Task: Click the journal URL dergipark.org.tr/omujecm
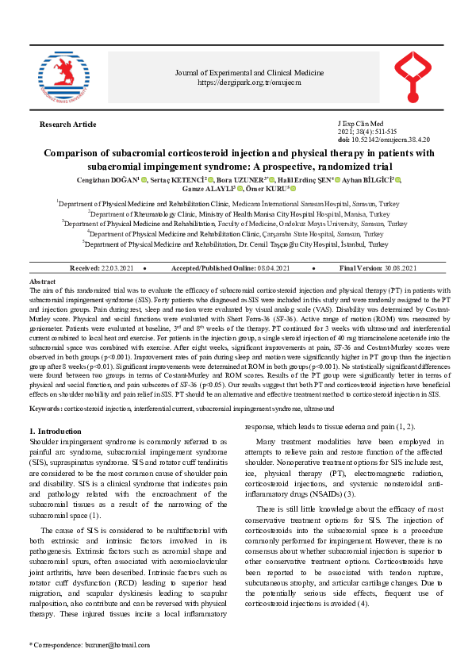249,82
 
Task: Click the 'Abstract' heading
42,282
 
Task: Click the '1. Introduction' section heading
60,431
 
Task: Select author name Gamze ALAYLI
217,191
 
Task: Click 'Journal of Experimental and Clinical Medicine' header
249,73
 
